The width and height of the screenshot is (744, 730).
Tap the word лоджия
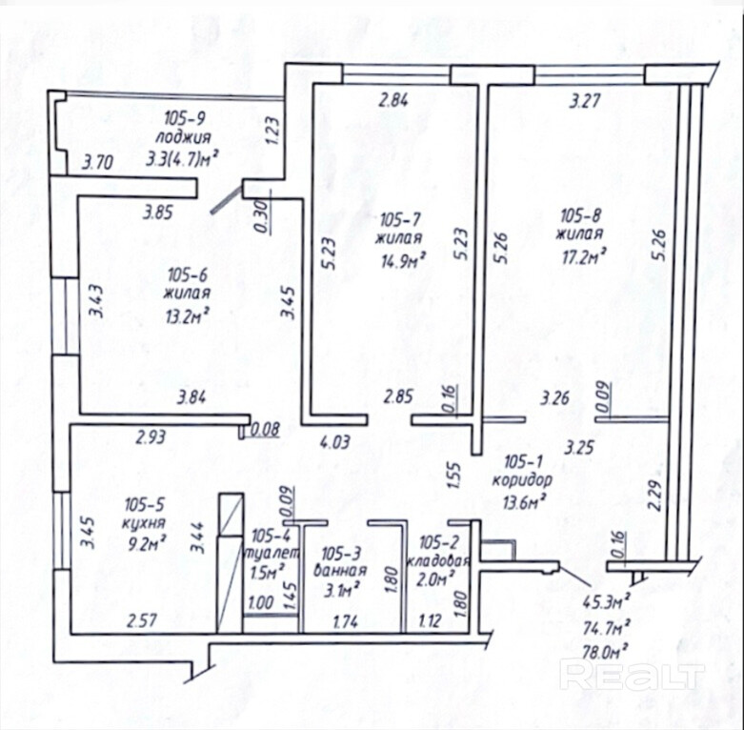pyautogui.click(x=184, y=137)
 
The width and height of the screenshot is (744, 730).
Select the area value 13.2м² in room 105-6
pyautogui.click(x=188, y=315)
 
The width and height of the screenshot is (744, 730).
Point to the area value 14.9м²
pyautogui.click(x=403, y=260)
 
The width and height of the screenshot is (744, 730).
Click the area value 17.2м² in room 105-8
pyautogui.click(x=583, y=257)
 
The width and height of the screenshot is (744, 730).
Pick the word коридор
pyautogui.click(x=522, y=480)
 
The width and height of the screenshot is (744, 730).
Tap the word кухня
pyautogui.click(x=144, y=523)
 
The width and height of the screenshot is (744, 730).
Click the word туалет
pyautogui.click(x=271, y=554)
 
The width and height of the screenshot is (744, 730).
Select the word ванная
pyautogui.click(x=340, y=571)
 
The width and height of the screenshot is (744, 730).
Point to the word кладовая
pyautogui.click(x=438, y=561)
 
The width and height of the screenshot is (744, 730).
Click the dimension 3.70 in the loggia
pyautogui.click(x=98, y=163)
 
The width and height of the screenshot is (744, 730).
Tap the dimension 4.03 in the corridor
pyautogui.click(x=335, y=442)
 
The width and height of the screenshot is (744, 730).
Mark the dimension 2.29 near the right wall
pyautogui.click(x=654, y=496)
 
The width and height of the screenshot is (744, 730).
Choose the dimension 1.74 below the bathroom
pyautogui.click(x=346, y=622)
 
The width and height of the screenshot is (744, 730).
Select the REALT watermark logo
pyautogui.click(x=633, y=676)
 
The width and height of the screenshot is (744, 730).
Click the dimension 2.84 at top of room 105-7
pyautogui.click(x=392, y=101)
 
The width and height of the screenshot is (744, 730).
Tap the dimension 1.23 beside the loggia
pyautogui.click(x=271, y=131)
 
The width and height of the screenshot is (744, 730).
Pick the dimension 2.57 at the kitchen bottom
pyautogui.click(x=142, y=620)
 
